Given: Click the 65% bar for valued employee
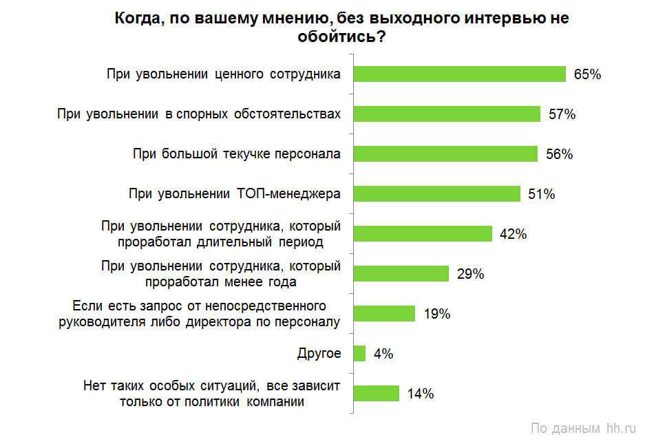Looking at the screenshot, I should (459, 74).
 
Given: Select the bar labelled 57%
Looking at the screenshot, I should (447, 114).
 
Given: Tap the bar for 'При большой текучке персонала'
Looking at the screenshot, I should (445, 154).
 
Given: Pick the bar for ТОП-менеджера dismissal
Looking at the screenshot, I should (436, 194).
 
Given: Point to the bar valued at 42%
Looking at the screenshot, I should (423, 233).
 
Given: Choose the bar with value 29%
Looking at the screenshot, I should (401, 273).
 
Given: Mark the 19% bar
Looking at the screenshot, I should (384, 313).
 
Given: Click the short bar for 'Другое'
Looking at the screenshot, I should (359, 353).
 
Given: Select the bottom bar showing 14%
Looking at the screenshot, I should (376, 393).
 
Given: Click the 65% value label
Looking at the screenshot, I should (587, 74).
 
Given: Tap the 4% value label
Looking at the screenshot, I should (383, 354).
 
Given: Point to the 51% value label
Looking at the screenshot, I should (542, 194).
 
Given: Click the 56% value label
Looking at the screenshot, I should (559, 154).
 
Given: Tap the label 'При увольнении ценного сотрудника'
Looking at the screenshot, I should (224, 74).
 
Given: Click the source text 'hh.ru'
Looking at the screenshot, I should (622, 428).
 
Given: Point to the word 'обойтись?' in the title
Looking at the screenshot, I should (341, 37).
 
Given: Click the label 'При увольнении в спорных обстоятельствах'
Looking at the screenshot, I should (199, 114).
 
